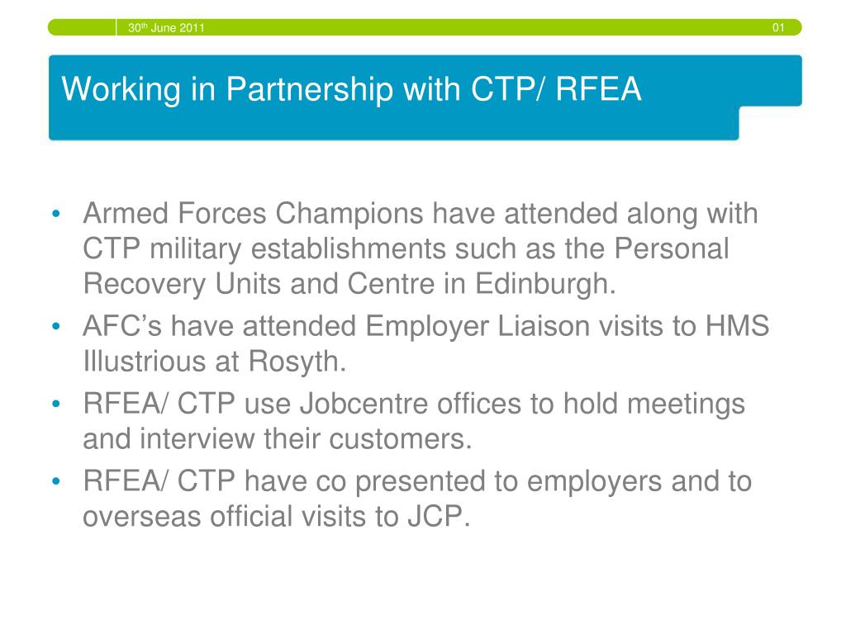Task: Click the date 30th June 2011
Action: coord(166,27)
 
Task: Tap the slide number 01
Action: coord(778,27)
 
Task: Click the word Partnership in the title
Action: coord(309,89)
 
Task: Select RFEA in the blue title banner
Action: coord(598,88)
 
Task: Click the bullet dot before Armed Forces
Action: coord(56,214)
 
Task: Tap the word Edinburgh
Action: coord(545,284)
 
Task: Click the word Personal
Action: coord(671,248)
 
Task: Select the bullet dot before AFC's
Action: coord(56,327)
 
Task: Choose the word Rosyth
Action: coord(297,362)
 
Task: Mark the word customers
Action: coord(400,439)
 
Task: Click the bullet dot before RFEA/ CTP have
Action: coord(56,481)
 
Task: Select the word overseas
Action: coord(141,517)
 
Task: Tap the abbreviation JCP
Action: coord(438,517)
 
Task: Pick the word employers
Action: coord(594,482)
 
